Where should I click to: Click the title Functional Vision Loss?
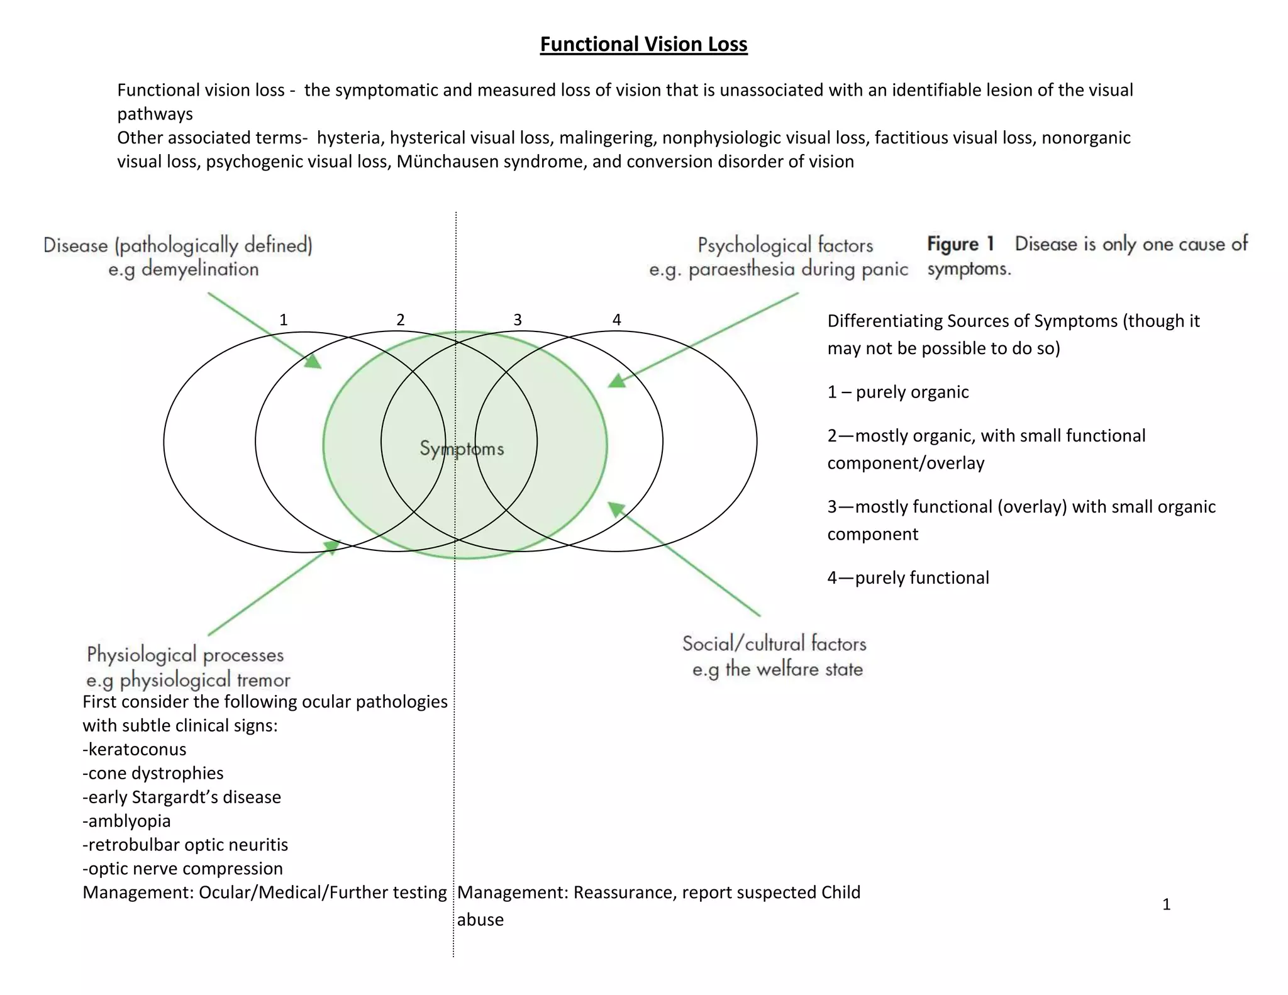pyautogui.click(x=643, y=44)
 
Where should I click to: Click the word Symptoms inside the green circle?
pyautogui.click(x=462, y=448)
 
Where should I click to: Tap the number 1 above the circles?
pyautogui.click(x=284, y=320)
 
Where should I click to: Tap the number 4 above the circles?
pyautogui.click(x=616, y=320)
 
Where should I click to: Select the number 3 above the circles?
pyautogui.click(x=518, y=320)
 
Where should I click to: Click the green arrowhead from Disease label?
pyautogui.click(x=313, y=361)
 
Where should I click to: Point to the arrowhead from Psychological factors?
pyautogui.click(x=617, y=381)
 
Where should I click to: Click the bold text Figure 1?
pyautogui.click(x=960, y=244)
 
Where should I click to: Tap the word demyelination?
pyautogui.click(x=200, y=269)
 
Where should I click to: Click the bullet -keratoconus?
pyautogui.click(x=135, y=749)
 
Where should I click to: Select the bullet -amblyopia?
pyautogui.click(x=126, y=821)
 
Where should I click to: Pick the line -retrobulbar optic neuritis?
pyautogui.click(x=185, y=845)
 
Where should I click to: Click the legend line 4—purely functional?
pyautogui.click(x=908, y=577)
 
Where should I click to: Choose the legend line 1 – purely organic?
pyautogui.click(x=897, y=392)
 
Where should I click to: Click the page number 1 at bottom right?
pyautogui.click(x=1166, y=904)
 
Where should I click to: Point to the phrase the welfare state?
pyautogui.click(x=794, y=669)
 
